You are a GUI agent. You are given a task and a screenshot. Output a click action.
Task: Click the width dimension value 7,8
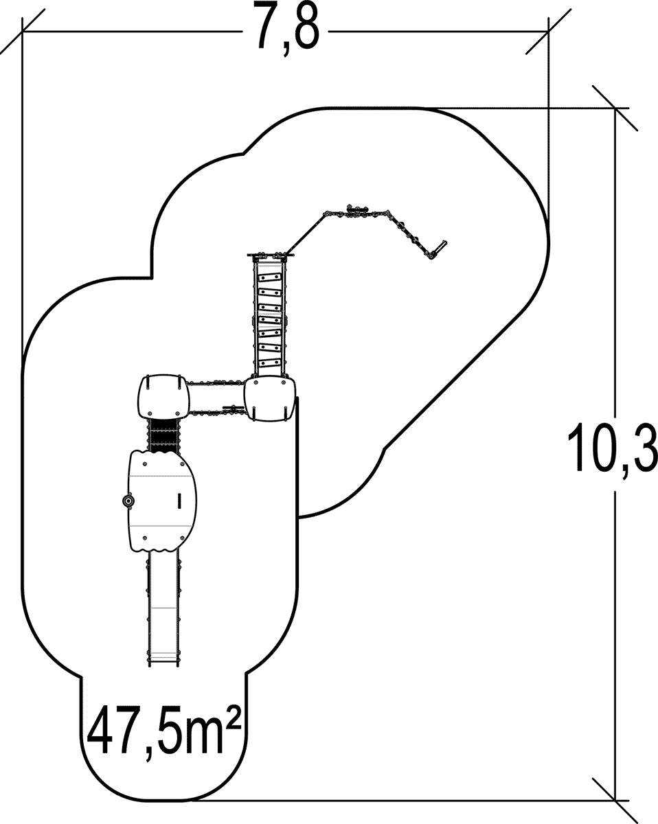click(x=287, y=29)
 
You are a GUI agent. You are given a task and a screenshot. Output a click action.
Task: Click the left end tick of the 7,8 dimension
click(x=22, y=32)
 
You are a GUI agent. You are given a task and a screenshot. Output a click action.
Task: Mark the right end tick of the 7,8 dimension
click(x=548, y=32)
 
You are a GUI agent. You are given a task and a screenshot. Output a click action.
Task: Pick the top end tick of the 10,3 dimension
click(x=615, y=108)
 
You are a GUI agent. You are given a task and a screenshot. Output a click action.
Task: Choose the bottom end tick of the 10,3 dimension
click(x=615, y=800)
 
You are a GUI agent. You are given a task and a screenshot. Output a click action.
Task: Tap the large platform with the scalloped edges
click(x=163, y=501)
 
